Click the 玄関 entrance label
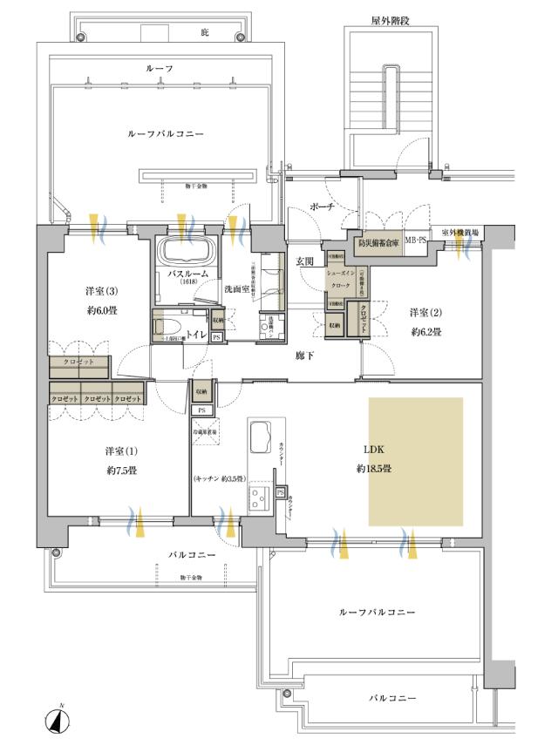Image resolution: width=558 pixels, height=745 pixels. pos(304,261)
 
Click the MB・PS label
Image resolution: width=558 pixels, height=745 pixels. pos(415,240)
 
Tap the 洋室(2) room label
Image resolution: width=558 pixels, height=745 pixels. pos(426,312)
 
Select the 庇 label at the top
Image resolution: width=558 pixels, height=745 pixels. pos(206,32)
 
